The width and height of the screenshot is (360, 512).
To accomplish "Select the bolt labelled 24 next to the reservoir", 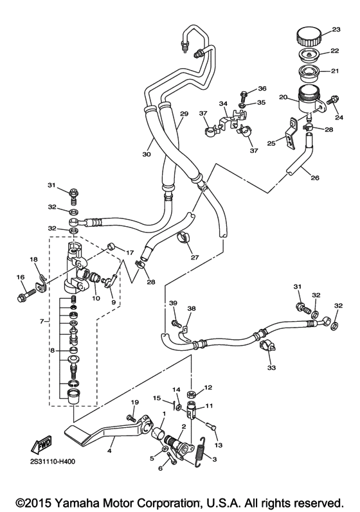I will click(333, 102).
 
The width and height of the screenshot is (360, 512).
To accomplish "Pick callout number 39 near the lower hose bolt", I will click(173, 303).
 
